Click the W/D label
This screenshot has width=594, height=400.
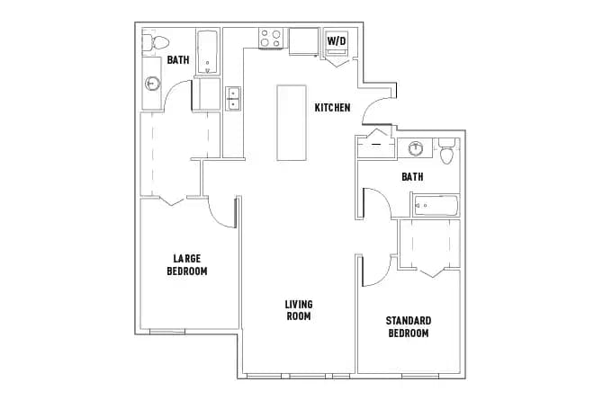click(337, 40)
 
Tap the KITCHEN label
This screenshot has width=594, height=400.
click(332, 108)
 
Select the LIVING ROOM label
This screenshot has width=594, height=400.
click(299, 310)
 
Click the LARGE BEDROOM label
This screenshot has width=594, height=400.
click(187, 265)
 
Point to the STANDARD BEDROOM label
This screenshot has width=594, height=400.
click(408, 326)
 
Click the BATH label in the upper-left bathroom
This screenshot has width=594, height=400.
click(177, 60)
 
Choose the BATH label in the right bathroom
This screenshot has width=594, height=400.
click(412, 177)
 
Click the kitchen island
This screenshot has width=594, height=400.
click(292, 123)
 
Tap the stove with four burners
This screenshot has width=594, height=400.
click(271, 38)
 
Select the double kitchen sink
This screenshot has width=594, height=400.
click(233, 97)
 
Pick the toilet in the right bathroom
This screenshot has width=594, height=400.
click(446, 154)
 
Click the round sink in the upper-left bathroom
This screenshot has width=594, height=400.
click(152, 84)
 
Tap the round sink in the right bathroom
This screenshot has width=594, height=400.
click(417, 149)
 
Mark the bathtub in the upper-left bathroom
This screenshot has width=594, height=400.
click(208, 52)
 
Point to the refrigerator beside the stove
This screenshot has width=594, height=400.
click(303, 40)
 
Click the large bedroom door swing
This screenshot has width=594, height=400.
click(220, 212)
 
